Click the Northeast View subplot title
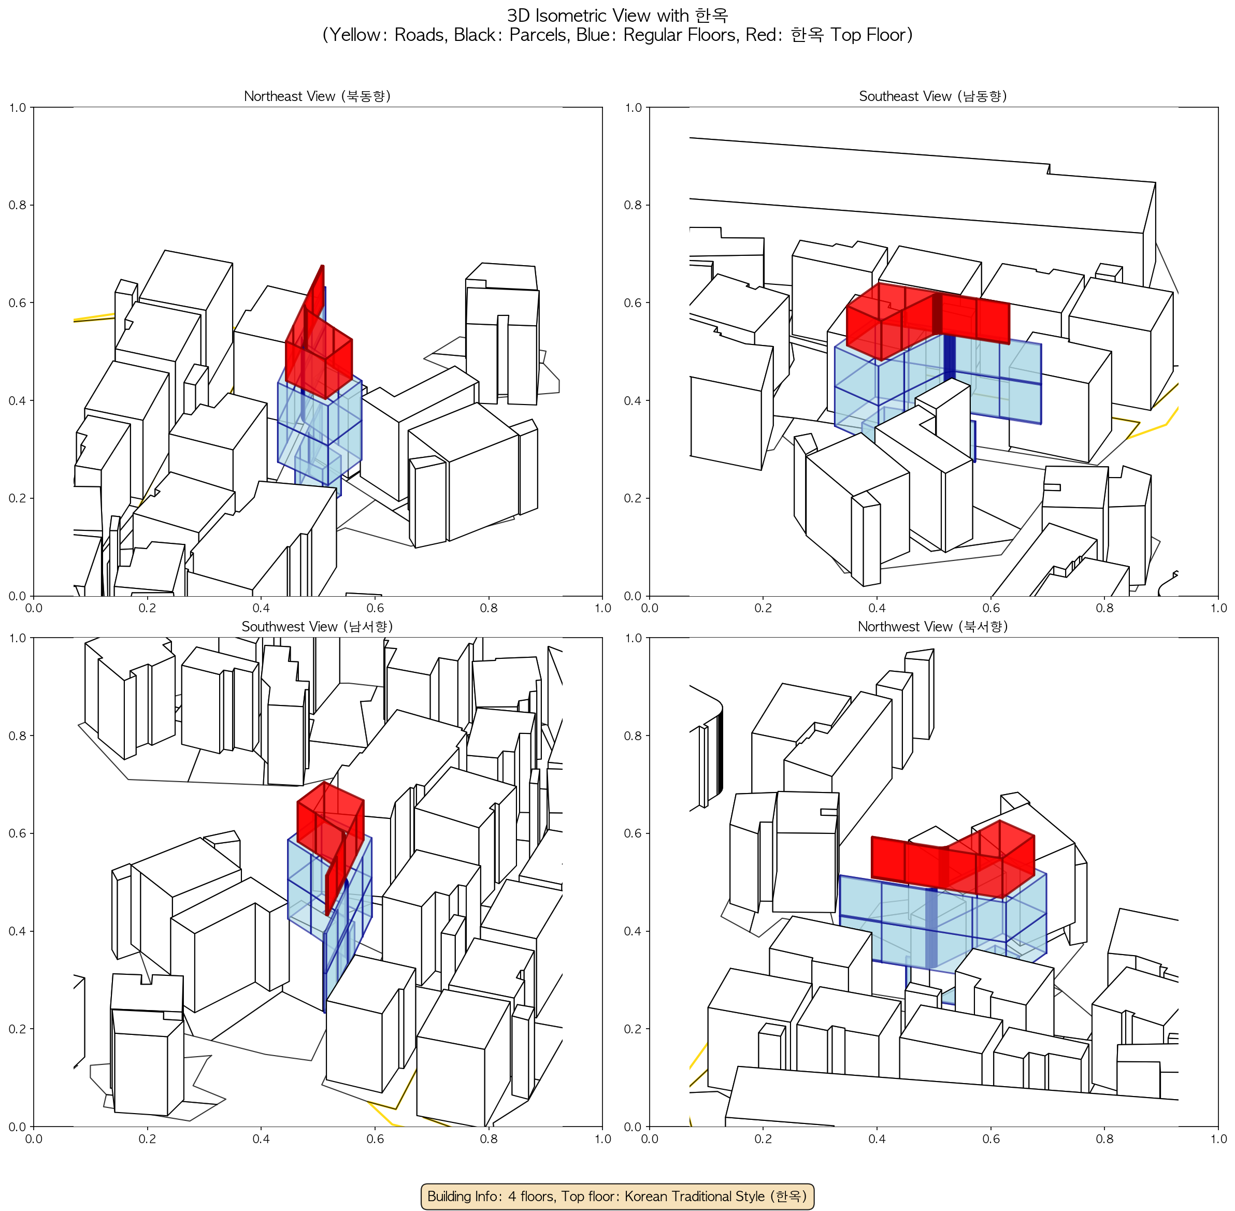[317, 96]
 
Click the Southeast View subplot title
[933, 96]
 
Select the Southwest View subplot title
[317, 627]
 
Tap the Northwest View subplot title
[933, 627]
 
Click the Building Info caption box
[617, 1196]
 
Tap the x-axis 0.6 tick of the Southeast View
[992, 608]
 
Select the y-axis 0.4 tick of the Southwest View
[17, 931]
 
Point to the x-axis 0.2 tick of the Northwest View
[764, 1138]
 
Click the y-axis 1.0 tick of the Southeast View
[633, 108]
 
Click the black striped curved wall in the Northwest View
[720, 754]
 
